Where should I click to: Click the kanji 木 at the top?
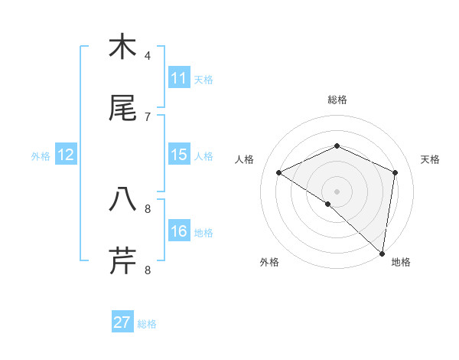122,47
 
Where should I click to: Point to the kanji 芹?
122,260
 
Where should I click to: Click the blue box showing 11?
179,78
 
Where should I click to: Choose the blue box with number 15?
179,155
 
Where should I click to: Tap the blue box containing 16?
179,231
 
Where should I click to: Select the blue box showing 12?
66,155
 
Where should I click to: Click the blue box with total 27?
122,322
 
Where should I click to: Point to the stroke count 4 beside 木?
148,56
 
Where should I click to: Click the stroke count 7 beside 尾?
148,116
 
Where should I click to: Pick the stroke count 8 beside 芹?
148,269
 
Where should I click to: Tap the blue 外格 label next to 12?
41,156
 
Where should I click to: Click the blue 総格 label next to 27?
147,324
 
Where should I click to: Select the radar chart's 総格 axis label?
337,100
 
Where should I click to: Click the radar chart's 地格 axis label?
401,263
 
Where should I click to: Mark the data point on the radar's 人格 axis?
279,173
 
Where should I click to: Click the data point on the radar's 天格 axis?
396,172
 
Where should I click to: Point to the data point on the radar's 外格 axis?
328,204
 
